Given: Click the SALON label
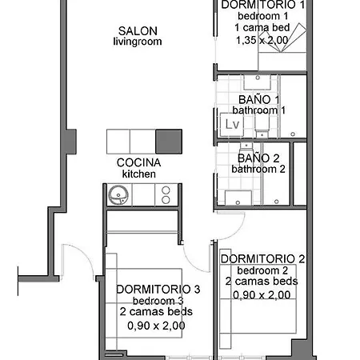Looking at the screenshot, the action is pyautogui.click(x=138, y=31).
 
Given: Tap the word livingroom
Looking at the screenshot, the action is pyautogui.click(x=138, y=42).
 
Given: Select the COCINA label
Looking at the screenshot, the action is pyautogui.click(x=138, y=162).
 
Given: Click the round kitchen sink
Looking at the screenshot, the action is pyautogui.click(x=118, y=195).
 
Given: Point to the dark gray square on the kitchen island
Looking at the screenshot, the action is pyautogui.click(x=169, y=142).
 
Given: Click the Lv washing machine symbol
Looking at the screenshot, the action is pyautogui.click(x=232, y=125).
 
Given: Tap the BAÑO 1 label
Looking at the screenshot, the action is pyautogui.click(x=258, y=100).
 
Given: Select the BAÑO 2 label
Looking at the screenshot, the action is pyautogui.click(x=258, y=158).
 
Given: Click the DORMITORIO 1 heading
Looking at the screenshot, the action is pyautogui.click(x=263, y=5).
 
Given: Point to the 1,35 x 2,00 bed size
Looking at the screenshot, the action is pyautogui.click(x=262, y=40).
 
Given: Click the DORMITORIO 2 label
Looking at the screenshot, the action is pyautogui.click(x=263, y=259).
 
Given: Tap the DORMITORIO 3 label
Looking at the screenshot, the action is pyautogui.click(x=158, y=290).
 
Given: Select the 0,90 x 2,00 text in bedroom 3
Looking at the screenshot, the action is pyautogui.click(x=156, y=326).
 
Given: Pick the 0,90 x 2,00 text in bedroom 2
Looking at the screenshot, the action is pyautogui.click(x=262, y=295).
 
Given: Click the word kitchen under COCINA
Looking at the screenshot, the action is pyautogui.click(x=139, y=174).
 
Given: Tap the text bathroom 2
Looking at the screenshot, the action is pyautogui.click(x=258, y=169).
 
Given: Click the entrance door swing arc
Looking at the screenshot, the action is pyautogui.click(x=85, y=254).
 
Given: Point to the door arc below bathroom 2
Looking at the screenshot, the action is pyautogui.click(x=237, y=231).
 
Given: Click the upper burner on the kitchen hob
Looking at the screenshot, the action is pyautogui.click(x=166, y=190).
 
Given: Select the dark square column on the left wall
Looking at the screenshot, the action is pyautogui.click(x=71, y=142).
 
